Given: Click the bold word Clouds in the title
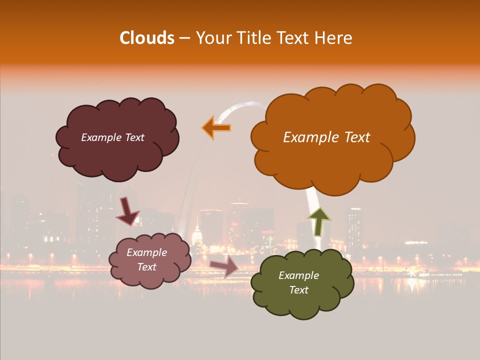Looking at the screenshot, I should pos(146,38).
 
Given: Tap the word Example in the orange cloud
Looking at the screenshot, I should pos(306,137).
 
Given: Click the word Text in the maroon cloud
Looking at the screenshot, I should pos(134,137).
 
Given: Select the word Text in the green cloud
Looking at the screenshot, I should pos(298,290).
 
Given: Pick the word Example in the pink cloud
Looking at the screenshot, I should pos(146,252).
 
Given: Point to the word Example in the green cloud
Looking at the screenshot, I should pos(298,275).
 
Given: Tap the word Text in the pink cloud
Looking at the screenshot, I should pos(146,267).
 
